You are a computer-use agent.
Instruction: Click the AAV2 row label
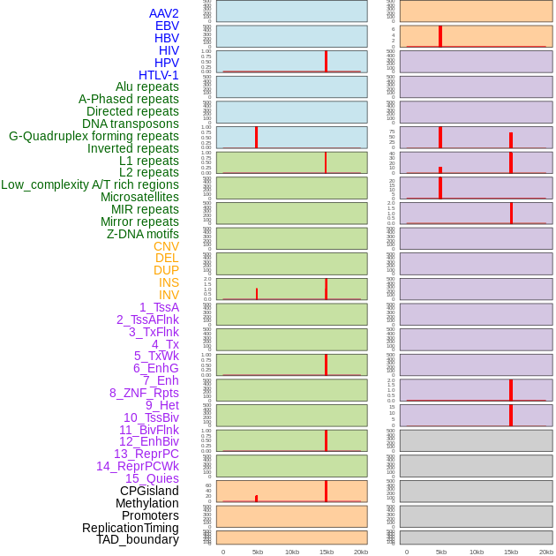coord(163,13)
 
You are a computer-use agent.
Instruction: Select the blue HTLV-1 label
coord(158,75)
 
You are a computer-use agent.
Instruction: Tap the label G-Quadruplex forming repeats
coord(94,136)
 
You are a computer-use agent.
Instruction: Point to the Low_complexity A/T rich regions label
coord(89,184)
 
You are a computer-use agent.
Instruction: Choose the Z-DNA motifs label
coord(142,234)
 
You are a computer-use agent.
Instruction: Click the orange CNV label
coord(166,246)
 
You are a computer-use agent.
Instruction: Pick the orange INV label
coord(169,295)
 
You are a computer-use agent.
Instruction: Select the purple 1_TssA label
coord(159,307)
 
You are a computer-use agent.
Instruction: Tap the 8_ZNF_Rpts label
coord(144,393)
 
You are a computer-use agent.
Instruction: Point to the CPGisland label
coord(149,491)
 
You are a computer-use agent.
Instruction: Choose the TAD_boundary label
coord(137,539)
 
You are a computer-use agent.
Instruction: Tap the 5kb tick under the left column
coord(258,552)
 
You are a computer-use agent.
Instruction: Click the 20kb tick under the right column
coord(545,552)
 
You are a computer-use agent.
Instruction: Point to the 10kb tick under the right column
coord(476,552)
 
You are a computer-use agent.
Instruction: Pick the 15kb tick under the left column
coord(326,552)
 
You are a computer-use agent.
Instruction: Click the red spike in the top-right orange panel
coord(440,36)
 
